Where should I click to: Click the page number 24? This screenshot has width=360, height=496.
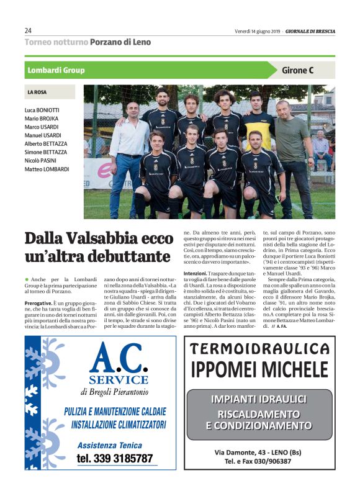tap(28, 30)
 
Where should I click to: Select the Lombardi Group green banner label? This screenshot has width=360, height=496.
tap(56, 70)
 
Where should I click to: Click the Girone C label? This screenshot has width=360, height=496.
tap(298, 70)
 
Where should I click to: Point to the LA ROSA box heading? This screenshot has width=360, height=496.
tap(37, 92)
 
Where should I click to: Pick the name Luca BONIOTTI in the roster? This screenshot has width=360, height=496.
tap(43, 110)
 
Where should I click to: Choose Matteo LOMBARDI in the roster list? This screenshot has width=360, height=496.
tap(47, 169)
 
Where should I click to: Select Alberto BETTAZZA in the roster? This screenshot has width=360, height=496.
tap(47, 143)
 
